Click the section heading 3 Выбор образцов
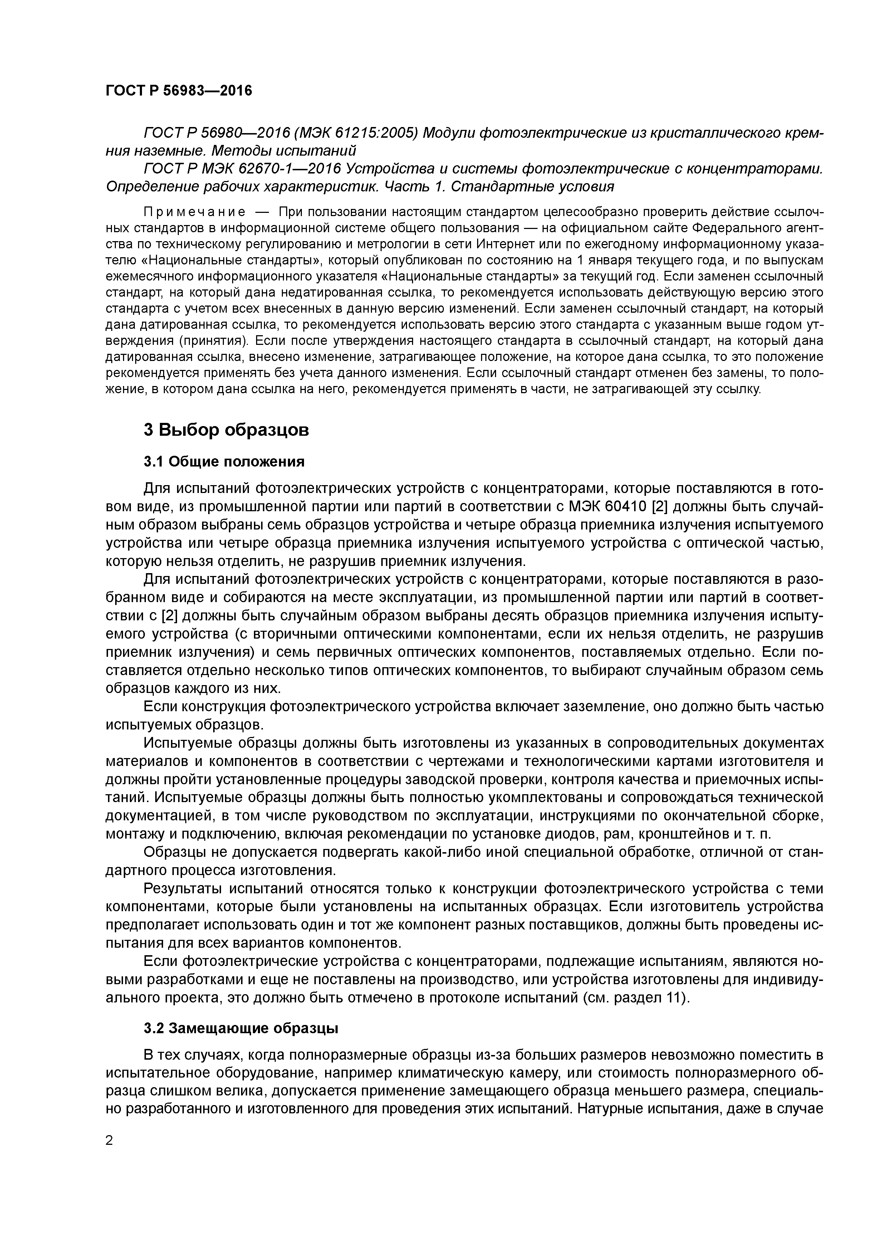tap(226, 430)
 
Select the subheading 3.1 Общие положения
tap(224, 462)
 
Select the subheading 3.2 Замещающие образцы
tap(241, 1029)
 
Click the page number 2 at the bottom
tap(109, 1141)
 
